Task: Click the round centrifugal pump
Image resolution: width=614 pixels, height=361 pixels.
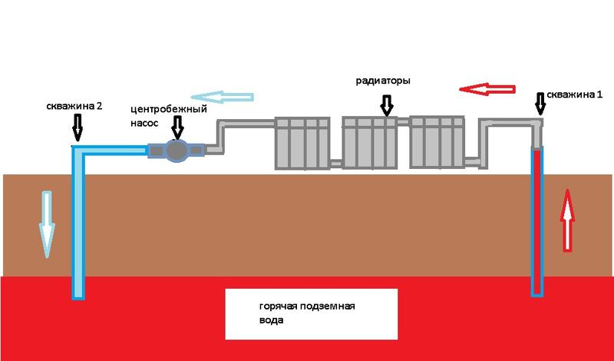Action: point(177,151)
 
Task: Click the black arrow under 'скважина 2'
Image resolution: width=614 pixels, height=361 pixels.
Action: point(76,127)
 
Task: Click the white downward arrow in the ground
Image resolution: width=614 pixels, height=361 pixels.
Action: point(47,224)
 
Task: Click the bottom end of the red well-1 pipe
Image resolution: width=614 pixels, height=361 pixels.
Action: point(536,292)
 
